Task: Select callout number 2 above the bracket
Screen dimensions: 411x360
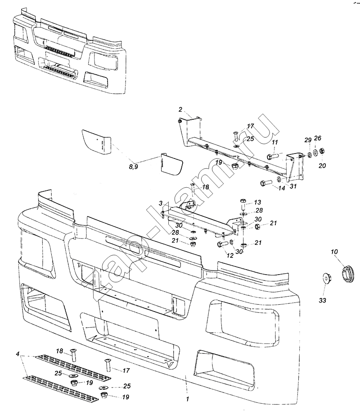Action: [180, 109]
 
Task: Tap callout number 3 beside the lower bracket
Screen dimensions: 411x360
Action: [161, 203]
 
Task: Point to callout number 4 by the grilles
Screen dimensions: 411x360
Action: [18, 355]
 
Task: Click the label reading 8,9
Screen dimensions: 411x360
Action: [134, 167]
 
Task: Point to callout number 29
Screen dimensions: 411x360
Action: [308, 140]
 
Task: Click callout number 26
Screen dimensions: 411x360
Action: [318, 138]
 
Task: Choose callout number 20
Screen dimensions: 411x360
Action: [322, 166]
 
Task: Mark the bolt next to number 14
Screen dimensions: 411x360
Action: [265, 183]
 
